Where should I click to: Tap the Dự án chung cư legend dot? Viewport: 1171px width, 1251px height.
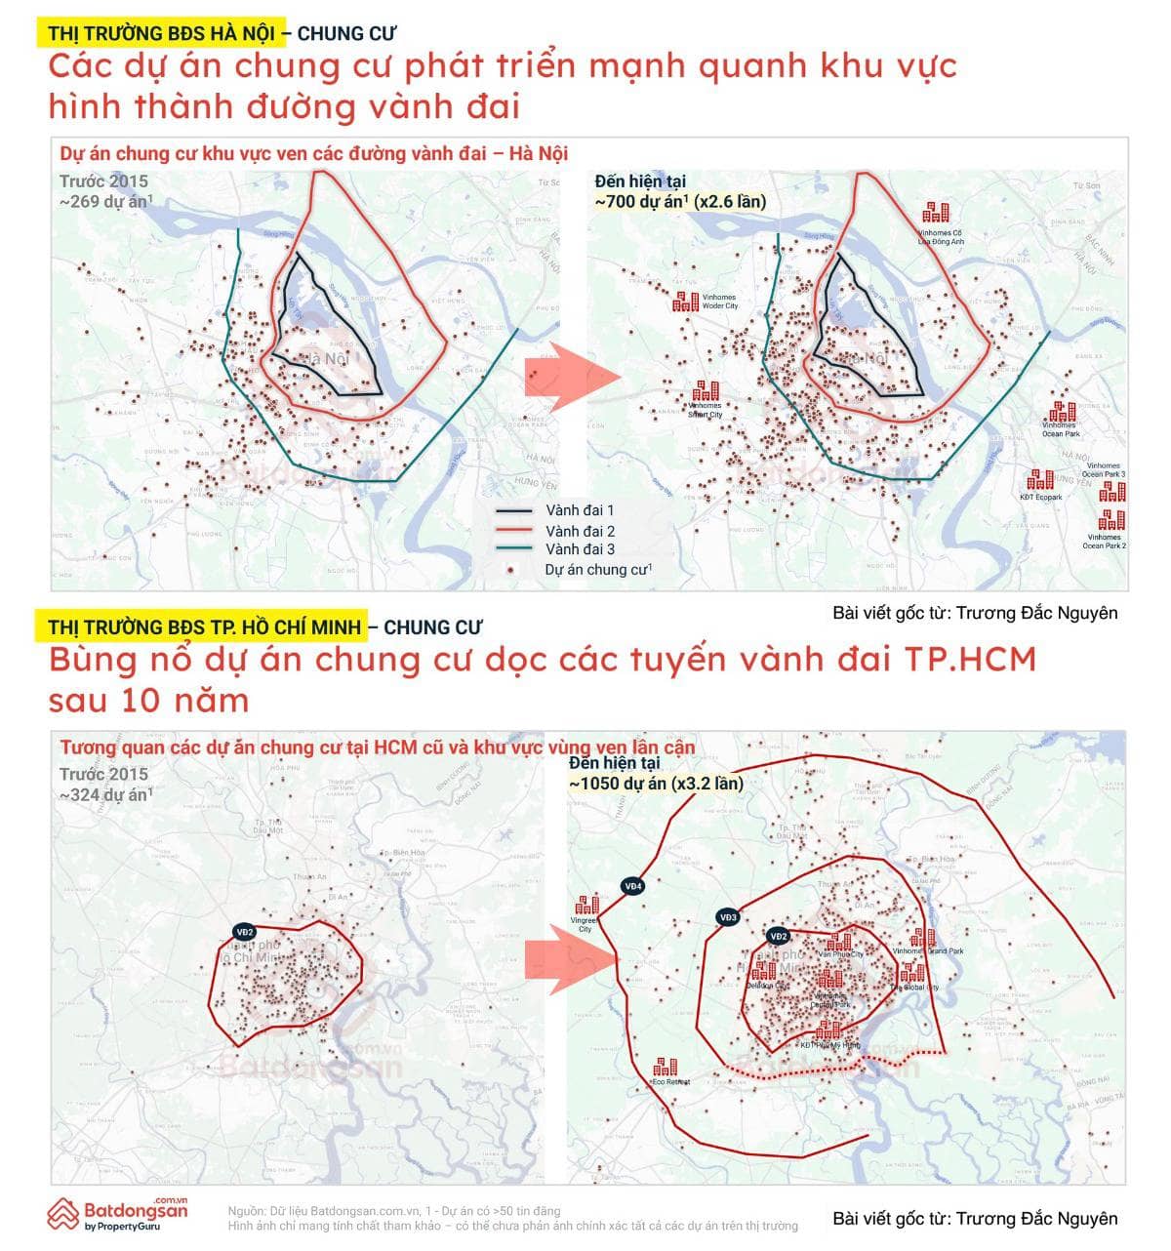[x=510, y=569]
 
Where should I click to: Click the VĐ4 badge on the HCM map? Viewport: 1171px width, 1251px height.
[x=633, y=886]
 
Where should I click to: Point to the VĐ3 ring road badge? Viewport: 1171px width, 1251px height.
[x=728, y=917]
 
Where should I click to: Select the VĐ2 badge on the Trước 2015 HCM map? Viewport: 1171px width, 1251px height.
[x=244, y=932]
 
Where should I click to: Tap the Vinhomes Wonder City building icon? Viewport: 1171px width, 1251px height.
[x=685, y=301]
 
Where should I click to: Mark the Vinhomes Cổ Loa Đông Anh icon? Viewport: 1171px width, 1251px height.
[x=936, y=212]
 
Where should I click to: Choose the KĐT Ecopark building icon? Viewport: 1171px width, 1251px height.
[x=1040, y=480]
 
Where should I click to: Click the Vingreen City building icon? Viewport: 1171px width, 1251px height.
[x=586, y=906]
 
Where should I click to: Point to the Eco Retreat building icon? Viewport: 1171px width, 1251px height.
[x=666, y=1067]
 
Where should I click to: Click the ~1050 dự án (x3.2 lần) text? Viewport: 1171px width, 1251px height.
[x=656, y=784]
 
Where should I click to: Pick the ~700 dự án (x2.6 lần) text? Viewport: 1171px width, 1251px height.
[x=680, y=202]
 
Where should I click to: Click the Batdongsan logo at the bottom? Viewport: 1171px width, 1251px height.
[x=117, y=1213]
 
